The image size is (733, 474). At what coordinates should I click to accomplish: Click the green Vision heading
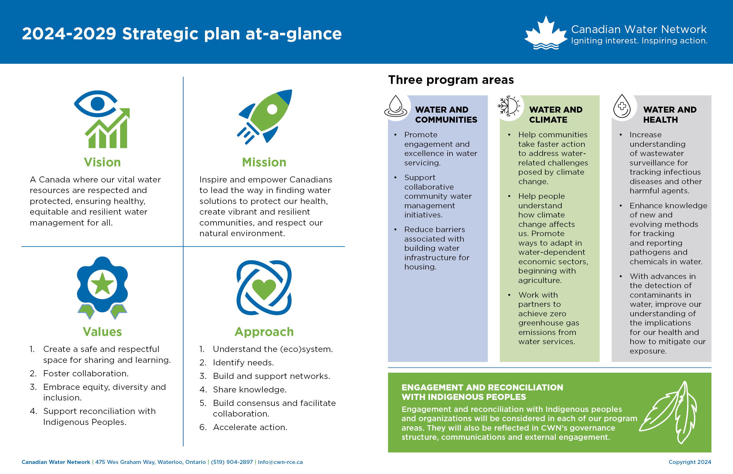(102, 162)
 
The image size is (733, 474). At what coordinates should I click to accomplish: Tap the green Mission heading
(264, 162)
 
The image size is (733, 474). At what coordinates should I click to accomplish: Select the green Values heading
(102, 332)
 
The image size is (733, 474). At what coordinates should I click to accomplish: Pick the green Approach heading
(264, 332)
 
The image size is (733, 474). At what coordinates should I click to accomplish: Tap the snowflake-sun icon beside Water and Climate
(509, 106)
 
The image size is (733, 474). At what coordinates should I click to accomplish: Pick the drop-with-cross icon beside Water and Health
(622, 106)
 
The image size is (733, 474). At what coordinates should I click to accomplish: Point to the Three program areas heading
(451, 80)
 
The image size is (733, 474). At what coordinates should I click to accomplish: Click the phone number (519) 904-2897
(232, 462)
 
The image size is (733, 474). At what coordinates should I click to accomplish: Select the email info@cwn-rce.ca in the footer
(280, 462)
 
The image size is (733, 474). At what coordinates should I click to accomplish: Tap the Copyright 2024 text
(690, 462)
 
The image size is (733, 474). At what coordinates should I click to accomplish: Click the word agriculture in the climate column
(540, 280)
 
